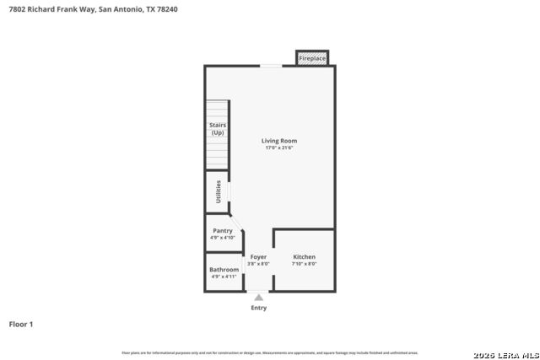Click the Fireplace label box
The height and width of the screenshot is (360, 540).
pyautogui.click(x=312, y=58)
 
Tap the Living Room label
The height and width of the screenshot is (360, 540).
pyautogui.click(x=278, y=141)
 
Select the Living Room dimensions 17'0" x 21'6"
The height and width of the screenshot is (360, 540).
pyautogui.click(x=278, y=148)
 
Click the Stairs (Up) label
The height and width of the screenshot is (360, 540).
pyautogui.click(x=218, y=128)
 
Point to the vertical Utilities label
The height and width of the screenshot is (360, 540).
pyautogui.click(x=219, y=191)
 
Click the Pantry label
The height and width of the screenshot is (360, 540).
pyautogui.click(x=223, y=230)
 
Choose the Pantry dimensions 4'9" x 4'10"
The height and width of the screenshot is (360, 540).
pyautogui.click(x=223, y=238)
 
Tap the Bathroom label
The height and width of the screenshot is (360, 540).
pyautogui.click(x=224, y=270)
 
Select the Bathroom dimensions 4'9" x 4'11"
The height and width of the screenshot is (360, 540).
pyautogui.click(x=224, y=277)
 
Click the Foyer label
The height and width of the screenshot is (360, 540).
pyautogui.click(x=258, y=256)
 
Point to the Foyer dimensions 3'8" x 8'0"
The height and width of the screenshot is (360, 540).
pyautogui.click(x=258, y=264)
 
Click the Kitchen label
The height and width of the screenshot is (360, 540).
pyautogui.click(x=304, y=256)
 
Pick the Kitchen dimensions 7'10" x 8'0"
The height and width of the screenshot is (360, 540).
pyautogui.click(x=304, y=264)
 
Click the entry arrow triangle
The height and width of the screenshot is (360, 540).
pyautogui.click(x=259, y=297)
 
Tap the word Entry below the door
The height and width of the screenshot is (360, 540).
pyautogui.click(x=259, y=308)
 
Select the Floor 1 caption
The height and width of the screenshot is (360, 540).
pyautogui.click(x=21, y=324)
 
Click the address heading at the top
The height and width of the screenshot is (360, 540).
pyautogui.click(x=93, y=9)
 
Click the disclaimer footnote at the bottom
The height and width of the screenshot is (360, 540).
pyautogui.click(x=269, y=352)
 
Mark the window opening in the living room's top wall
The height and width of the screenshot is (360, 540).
pyautogui.click(x=271, y=66)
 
